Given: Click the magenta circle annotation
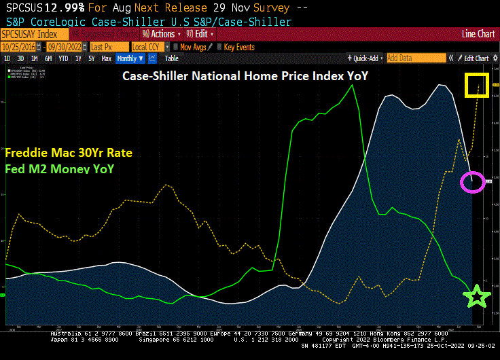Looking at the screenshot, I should (473, 181).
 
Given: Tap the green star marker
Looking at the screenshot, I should (476, 295).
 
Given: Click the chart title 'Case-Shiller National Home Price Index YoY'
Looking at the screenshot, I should (245, 76).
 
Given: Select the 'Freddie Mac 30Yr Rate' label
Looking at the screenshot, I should (69, 152).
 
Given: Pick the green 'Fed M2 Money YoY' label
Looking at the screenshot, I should (59, 168).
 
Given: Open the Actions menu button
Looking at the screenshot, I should (160, 34).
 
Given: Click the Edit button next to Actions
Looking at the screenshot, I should (202, 34).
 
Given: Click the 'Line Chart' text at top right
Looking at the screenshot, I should (478, 34).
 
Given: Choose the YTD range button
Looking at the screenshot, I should (63, 58).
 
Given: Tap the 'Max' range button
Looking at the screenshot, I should (107, 58).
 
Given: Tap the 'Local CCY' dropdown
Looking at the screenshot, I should (149, 47).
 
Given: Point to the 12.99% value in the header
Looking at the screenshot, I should (47, 8).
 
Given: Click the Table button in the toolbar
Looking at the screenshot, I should (171, 58).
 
